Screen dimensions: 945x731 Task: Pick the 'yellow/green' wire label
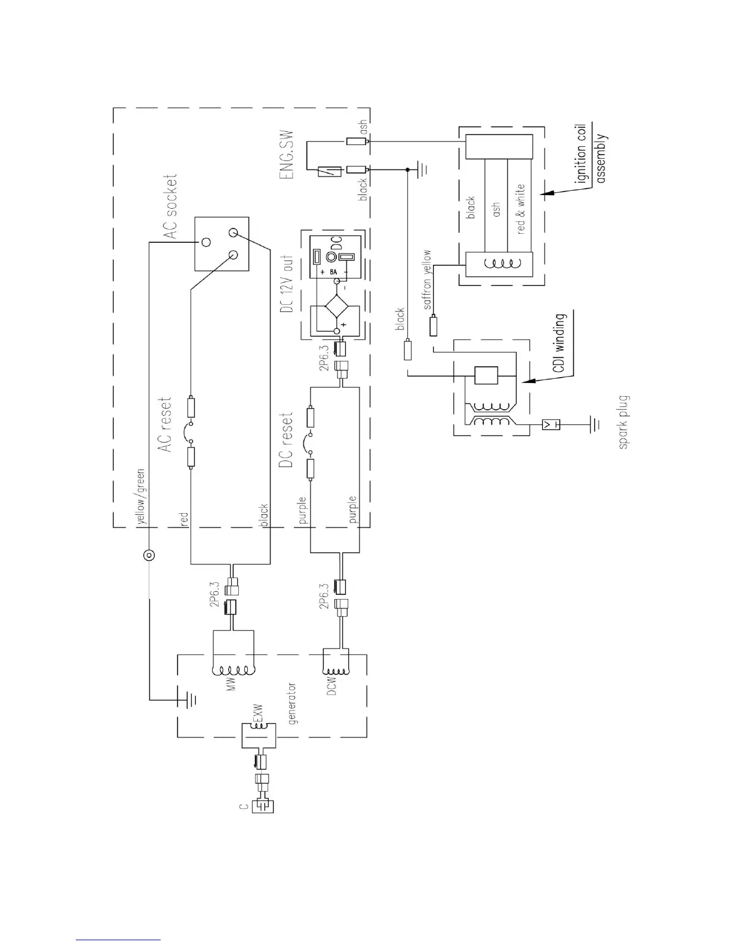(x=141, y=495)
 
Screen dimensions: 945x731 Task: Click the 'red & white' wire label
(x=520, y=208)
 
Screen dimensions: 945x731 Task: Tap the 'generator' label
(x=293, y=704)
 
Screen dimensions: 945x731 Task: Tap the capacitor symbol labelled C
(x=263, y=807)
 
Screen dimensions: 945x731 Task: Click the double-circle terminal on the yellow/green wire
(x=148, y=556)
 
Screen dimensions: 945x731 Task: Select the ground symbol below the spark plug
(x=593, y=425)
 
